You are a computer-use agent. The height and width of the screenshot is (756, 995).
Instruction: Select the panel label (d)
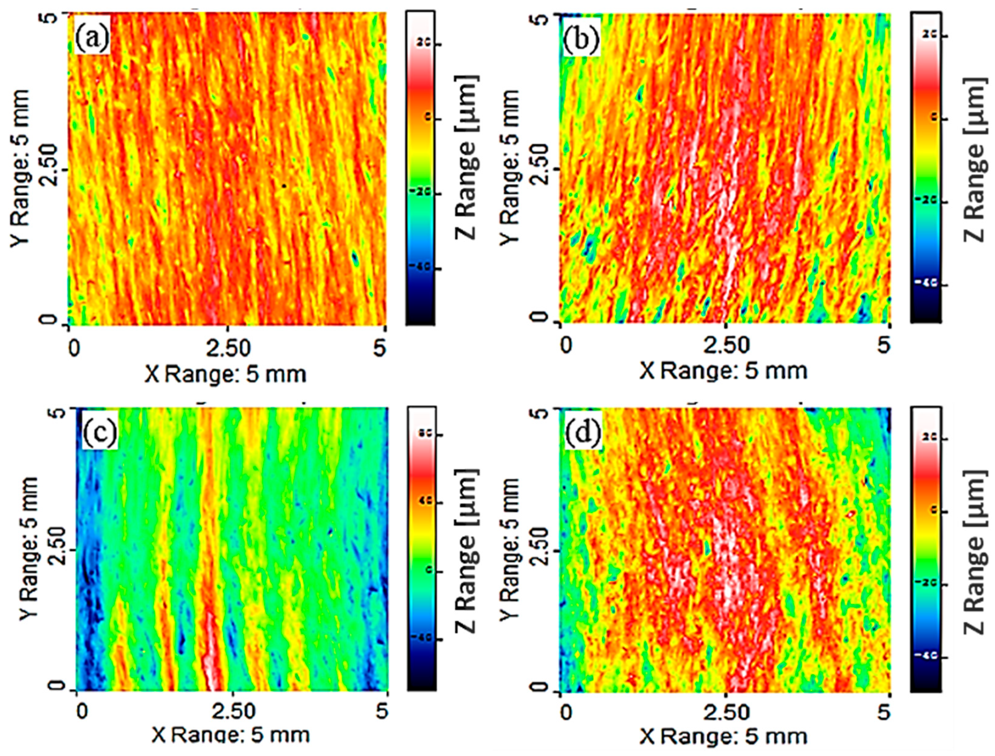[583, 433]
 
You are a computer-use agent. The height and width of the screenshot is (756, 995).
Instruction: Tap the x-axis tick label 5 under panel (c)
[382, 712]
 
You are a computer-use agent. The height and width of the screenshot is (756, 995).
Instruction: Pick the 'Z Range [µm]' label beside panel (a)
[468, 157]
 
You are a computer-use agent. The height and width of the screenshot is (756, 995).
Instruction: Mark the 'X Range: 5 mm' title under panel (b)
[723, 371]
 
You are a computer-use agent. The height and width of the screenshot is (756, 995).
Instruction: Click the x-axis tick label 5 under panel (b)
[884, 346]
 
